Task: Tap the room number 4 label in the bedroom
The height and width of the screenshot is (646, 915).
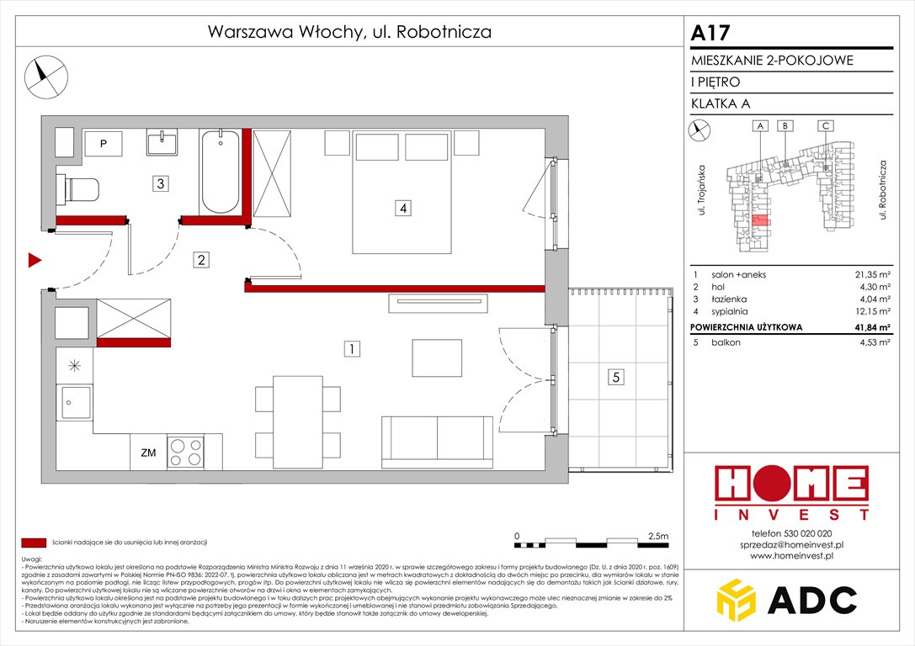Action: [x=405, y=208]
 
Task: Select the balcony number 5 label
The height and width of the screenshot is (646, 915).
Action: [x=617, y=378]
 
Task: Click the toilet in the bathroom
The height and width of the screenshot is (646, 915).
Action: [x=80, y=189]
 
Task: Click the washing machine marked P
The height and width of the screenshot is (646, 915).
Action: [x=103, y=144]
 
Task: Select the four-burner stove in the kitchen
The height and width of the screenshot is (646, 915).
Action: [x=185, y=453]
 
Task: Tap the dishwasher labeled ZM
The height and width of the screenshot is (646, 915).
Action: [x=148, y=453]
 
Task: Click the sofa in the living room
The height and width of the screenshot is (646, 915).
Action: [x=437, y=441]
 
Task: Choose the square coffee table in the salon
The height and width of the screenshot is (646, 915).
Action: [x=436, y=357]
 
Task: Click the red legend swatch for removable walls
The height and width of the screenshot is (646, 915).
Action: [x=34, y=543]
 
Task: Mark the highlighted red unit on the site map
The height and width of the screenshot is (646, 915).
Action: [x=760, y=222]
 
